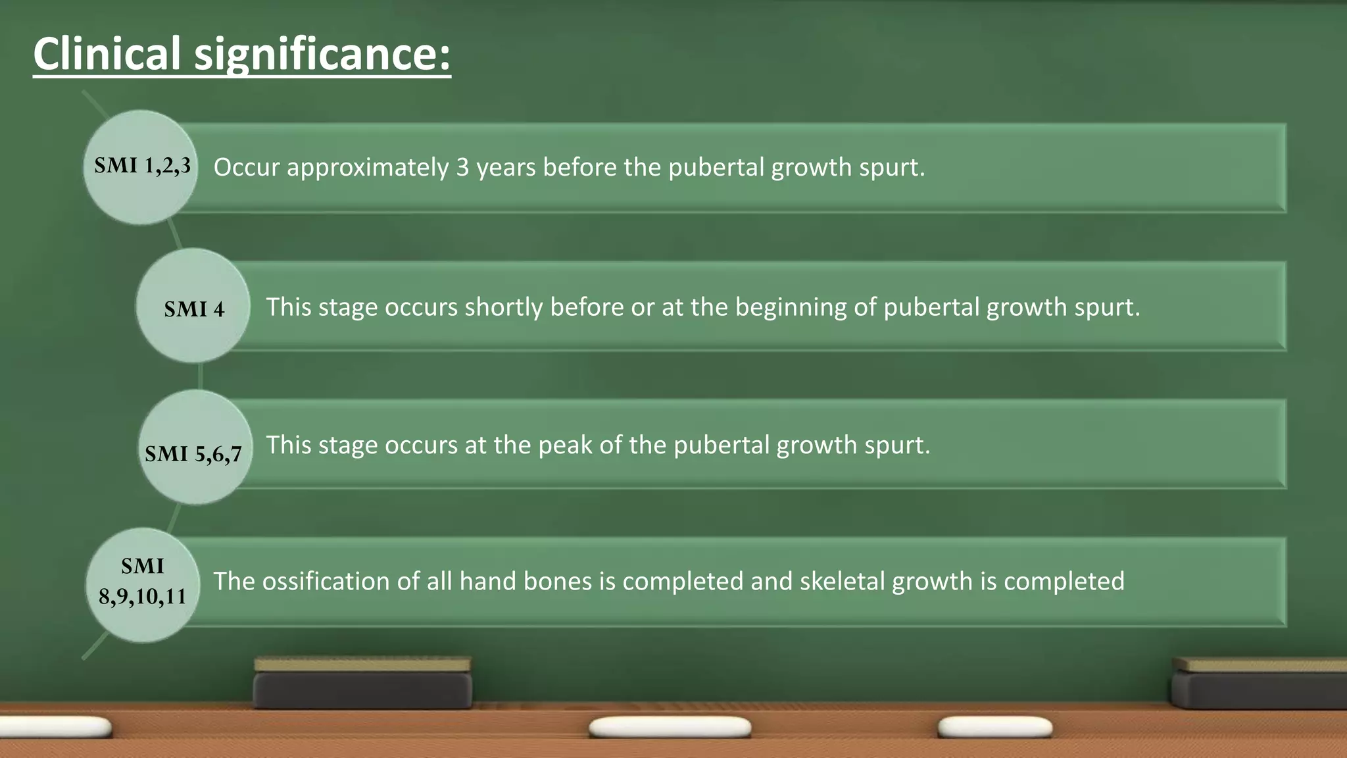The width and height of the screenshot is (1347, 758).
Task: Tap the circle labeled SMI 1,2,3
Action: pos(141,167)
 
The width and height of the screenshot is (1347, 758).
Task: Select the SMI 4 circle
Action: pos(193,306)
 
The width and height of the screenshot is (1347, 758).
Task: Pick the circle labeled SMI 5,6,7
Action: pos(195,447)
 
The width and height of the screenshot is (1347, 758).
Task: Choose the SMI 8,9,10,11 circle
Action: pos(143,585)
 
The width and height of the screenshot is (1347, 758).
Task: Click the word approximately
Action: pos(368,168)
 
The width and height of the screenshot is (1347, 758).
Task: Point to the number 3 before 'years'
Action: pos(462,167)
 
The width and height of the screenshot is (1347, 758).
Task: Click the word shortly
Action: pos(503,307)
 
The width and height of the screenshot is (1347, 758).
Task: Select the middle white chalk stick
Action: pos(670,727)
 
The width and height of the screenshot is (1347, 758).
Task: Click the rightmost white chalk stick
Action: pos(994,727)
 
